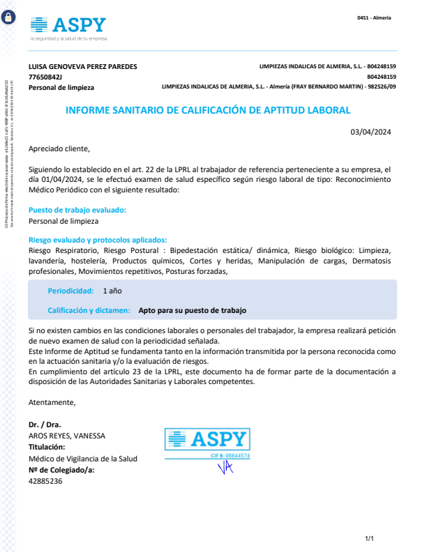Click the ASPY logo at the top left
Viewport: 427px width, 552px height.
click(68, 26)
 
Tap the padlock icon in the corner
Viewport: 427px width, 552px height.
click(8, 20)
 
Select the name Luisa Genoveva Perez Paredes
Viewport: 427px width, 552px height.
click(82, 66)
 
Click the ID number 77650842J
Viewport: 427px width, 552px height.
click(45, 77)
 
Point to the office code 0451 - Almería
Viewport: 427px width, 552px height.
click(374, 17)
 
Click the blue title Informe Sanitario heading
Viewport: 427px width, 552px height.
click(207, 110)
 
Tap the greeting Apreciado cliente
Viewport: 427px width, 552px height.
click(59, 148)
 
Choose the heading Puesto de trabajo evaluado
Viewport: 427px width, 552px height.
click(77, 210)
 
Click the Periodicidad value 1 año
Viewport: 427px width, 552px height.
click(112, 290)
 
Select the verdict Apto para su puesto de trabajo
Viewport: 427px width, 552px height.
click(193, 310)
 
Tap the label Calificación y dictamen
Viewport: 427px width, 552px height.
click(89, 310)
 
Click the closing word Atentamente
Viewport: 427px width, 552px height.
click(52, 402)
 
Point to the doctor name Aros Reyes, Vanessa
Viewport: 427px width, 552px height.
click(67, 436)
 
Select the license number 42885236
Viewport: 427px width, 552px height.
click(45, 481)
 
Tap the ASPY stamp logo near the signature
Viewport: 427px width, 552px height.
click(207, 439)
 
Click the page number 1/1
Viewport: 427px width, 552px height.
click(370, 539)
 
